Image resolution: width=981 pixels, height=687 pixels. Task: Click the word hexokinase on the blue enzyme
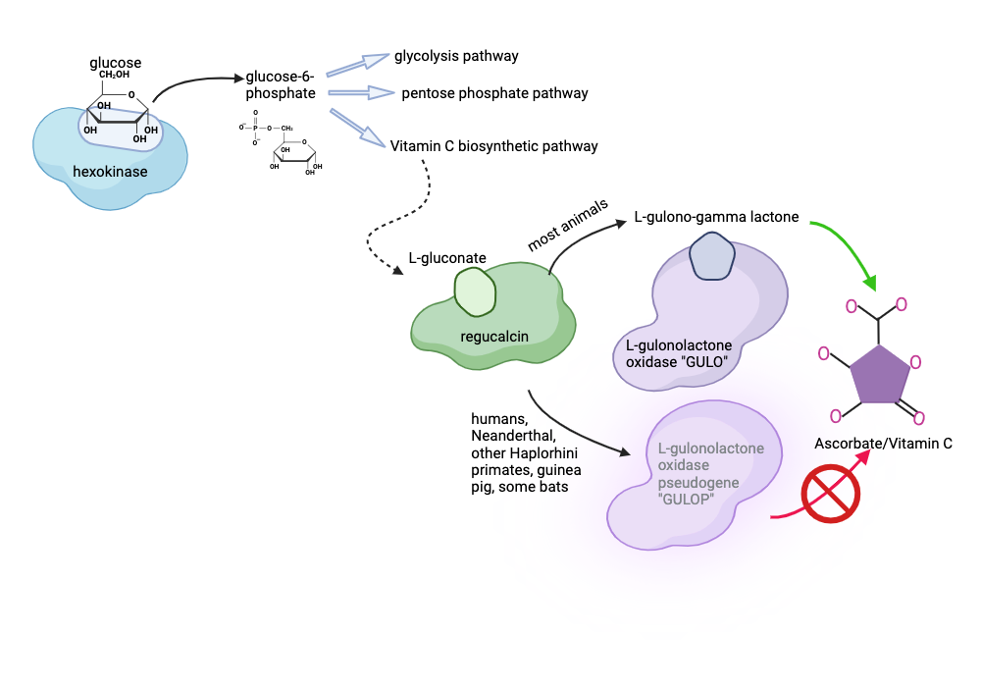click(x=110, y=173)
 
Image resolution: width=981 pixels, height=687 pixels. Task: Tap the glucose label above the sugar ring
click(x=115, y=63)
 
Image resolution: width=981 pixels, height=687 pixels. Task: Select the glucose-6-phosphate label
click(x=281, y=85)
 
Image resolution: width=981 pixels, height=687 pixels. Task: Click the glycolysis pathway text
click(x=456, y=56)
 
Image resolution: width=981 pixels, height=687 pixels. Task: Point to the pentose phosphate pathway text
click(x=494, y=93)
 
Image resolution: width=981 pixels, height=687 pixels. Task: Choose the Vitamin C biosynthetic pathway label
click(x=493, y=146)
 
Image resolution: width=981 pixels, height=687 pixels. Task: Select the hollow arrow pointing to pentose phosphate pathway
click(x=360, y=93)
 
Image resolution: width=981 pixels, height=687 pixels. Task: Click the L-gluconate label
click(x=447, y=258)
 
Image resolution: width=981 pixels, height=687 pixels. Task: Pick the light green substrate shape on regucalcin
click(x=476, y=292)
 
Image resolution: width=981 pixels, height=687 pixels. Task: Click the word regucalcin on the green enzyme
click(x=494, y=337)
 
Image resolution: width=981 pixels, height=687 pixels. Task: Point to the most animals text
click(x=568, y=226)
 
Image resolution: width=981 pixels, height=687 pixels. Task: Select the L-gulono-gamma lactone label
click(x=716, y=216)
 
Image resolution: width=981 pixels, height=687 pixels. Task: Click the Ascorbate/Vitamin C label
click(x=883, y=444)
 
